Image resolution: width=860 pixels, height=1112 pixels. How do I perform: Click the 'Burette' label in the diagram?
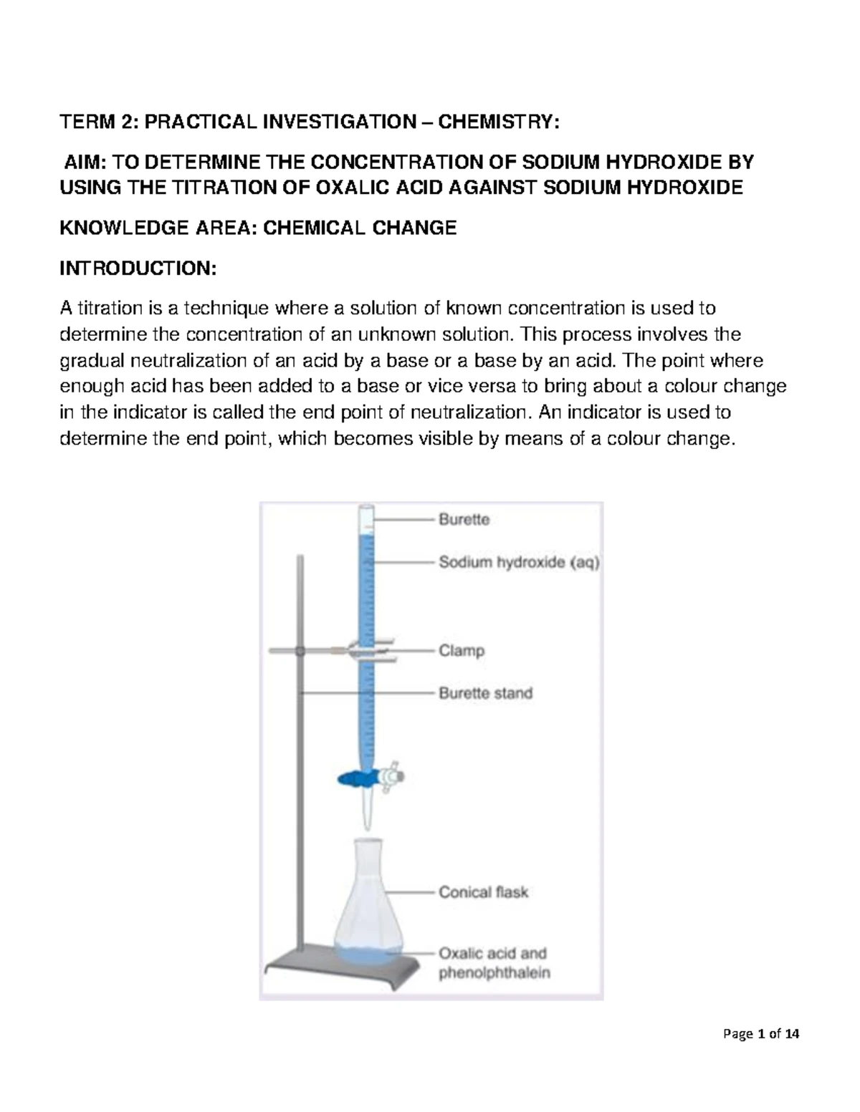464,520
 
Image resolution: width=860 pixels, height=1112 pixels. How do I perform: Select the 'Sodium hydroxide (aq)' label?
519,563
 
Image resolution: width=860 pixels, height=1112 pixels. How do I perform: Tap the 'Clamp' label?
462,651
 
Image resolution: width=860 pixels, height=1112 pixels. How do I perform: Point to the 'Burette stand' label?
485,693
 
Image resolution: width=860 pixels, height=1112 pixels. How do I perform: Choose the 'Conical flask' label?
483,892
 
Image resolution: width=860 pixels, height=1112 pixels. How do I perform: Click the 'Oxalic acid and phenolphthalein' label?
494,963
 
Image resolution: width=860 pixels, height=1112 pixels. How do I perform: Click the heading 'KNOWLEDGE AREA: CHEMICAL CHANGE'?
257,228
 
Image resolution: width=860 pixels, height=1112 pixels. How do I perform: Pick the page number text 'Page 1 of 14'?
762,1034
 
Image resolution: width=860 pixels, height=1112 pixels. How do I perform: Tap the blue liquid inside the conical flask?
365,953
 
